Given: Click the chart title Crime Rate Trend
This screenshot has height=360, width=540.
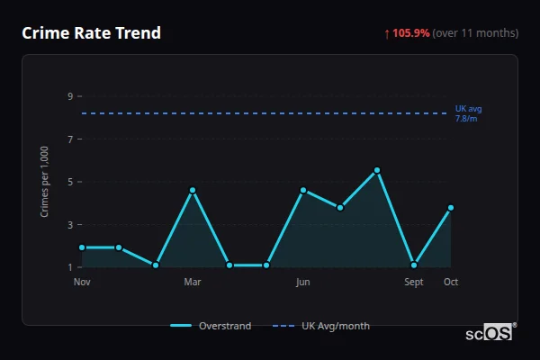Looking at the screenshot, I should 91,33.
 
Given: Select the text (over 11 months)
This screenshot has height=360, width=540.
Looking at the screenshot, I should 475,33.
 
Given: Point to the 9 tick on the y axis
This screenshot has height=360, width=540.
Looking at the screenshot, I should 69,96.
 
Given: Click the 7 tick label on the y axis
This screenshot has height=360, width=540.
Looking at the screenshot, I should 69,139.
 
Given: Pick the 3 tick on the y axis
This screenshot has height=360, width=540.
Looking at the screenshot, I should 69,225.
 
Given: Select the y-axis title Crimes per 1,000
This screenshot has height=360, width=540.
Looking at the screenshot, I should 45,183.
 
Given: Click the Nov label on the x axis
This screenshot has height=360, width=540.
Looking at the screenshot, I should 82,283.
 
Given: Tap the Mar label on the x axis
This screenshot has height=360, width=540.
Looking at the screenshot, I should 193,283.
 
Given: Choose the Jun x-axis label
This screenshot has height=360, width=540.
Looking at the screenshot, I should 303,283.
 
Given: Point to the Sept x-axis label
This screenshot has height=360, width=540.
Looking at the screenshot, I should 414,283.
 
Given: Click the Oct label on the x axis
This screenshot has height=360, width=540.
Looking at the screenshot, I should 451,283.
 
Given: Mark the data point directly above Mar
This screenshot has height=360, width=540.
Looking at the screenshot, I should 193,190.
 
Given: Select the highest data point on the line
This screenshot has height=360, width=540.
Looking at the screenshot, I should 377,170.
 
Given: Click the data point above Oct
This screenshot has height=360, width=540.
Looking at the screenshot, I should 451,208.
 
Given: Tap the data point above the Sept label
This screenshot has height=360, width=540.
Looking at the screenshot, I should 414,265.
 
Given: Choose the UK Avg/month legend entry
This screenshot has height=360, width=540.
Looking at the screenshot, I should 321,326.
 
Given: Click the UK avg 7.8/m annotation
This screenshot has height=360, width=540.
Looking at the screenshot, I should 468,113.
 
